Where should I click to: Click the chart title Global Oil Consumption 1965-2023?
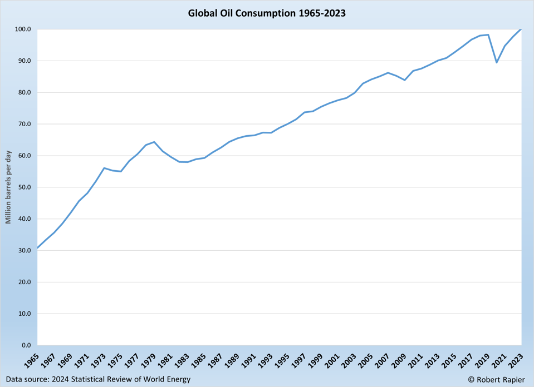tap(267, 13)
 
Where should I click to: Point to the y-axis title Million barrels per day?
tap(8, 187)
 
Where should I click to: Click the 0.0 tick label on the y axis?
tap(26, 345)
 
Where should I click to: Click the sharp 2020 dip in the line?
tap(497, 62)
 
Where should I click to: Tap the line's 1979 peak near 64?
tap(154, 142)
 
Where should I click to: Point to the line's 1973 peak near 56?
tap(104, 168)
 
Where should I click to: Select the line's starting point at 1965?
tap(37, 247)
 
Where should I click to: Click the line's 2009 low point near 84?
tap(405, 80)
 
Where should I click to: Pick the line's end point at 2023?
tap(521, 29)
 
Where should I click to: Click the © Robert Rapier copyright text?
tap(496, 379)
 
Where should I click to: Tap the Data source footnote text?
tap(98, 379)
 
